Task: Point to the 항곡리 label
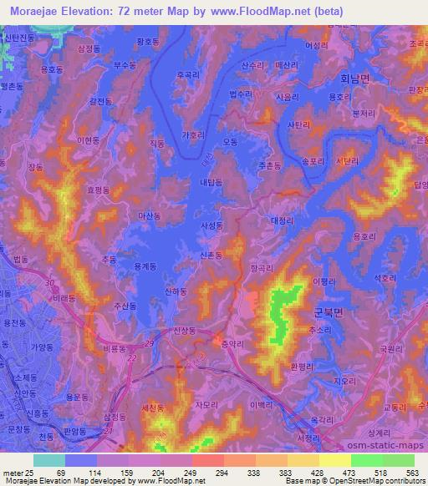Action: [262, 268]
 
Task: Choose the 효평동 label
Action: [98, 190]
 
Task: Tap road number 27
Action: [110, 430]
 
